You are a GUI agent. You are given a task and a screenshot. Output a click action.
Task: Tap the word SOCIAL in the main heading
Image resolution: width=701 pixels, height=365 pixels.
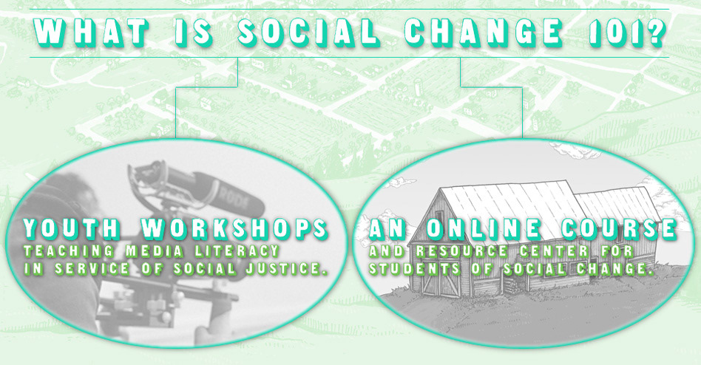(x=308, y=33)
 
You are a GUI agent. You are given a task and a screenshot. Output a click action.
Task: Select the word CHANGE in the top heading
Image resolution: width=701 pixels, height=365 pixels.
(x=484, y=33)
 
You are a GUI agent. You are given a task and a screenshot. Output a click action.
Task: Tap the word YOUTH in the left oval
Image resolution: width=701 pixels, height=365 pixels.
(x=72, y=228)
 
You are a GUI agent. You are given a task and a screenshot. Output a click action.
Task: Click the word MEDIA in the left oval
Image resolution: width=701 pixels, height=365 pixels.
(x=155, y=251)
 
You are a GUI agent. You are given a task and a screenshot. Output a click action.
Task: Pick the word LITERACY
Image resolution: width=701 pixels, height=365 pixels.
(x=238, y=251)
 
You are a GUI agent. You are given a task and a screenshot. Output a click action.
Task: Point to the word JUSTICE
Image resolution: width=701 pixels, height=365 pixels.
(x=283, y=268)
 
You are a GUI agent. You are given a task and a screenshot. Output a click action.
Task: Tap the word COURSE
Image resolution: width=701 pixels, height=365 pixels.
(x=620, y=229)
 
